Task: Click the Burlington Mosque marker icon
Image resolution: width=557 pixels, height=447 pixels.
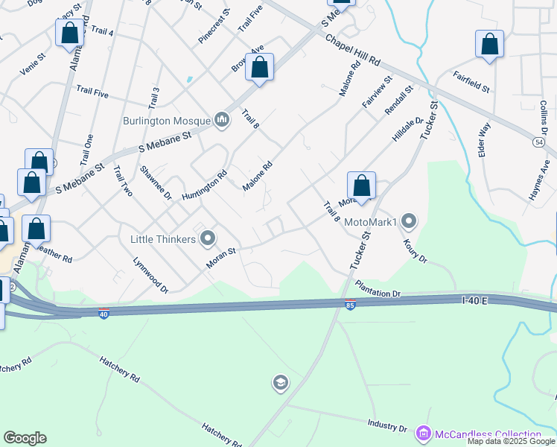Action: click(221, 119)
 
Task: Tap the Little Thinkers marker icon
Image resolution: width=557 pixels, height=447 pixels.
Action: click(208, 238)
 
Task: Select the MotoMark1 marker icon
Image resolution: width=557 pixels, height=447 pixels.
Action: click(409, 221)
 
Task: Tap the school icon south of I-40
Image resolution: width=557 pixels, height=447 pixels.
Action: click(280, 384)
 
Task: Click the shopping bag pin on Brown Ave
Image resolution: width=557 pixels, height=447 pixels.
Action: click(259, 68)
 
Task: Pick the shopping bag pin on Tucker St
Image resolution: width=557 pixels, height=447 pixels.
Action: click(361, 186)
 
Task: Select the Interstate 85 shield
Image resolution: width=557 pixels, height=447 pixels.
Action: click(350, 304)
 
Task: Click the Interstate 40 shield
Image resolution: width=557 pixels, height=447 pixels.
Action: click(104, 314)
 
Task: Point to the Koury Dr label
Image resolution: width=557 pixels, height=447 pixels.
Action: click(414, 250)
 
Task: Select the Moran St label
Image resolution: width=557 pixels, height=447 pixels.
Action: click(221, 256)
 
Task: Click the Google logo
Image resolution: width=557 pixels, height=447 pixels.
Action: click(25, 438)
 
